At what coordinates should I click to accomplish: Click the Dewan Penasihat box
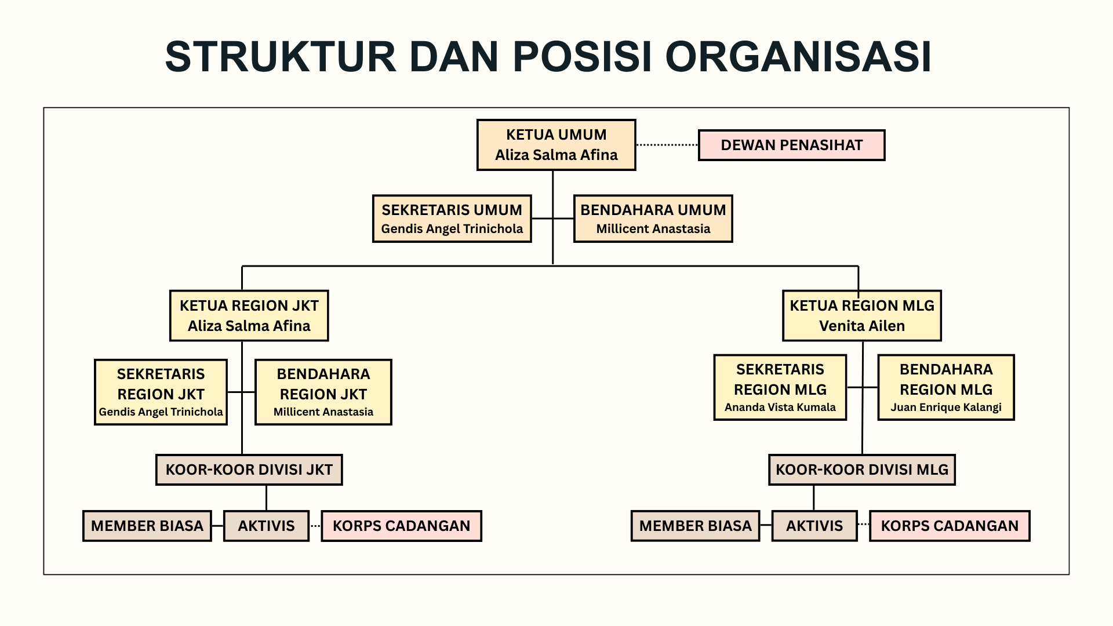coord(791,145)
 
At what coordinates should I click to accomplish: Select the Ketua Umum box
coord(556,145)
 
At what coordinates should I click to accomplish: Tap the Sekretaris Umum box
coord(452,219)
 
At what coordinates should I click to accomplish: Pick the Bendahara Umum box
coord(653,219)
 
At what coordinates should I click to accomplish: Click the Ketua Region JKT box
coord(249,315)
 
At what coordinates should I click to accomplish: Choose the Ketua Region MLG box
coord(861,315)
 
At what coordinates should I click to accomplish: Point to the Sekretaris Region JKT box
coord(161,392)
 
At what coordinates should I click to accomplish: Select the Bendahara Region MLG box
coord(946,387)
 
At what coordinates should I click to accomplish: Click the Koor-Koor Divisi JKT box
coord(249,469)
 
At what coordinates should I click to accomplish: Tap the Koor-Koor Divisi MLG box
coord(861,469)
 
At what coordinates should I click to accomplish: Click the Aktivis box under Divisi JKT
coord(266,526)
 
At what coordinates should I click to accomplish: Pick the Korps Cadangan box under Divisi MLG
coord(950,526)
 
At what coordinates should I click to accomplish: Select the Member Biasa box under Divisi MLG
coord(695,526)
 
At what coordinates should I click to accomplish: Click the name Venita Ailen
coord(861,326)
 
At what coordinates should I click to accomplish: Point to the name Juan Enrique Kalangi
coord(946,407)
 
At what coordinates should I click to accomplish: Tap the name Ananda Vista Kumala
coord(780,407)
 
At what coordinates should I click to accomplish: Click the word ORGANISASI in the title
coord(798,57)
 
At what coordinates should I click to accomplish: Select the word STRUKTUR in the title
coord(281,57)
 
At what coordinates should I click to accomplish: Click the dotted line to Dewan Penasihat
coord(667,145)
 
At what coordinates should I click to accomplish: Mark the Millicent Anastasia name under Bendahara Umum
coord(653,228)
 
